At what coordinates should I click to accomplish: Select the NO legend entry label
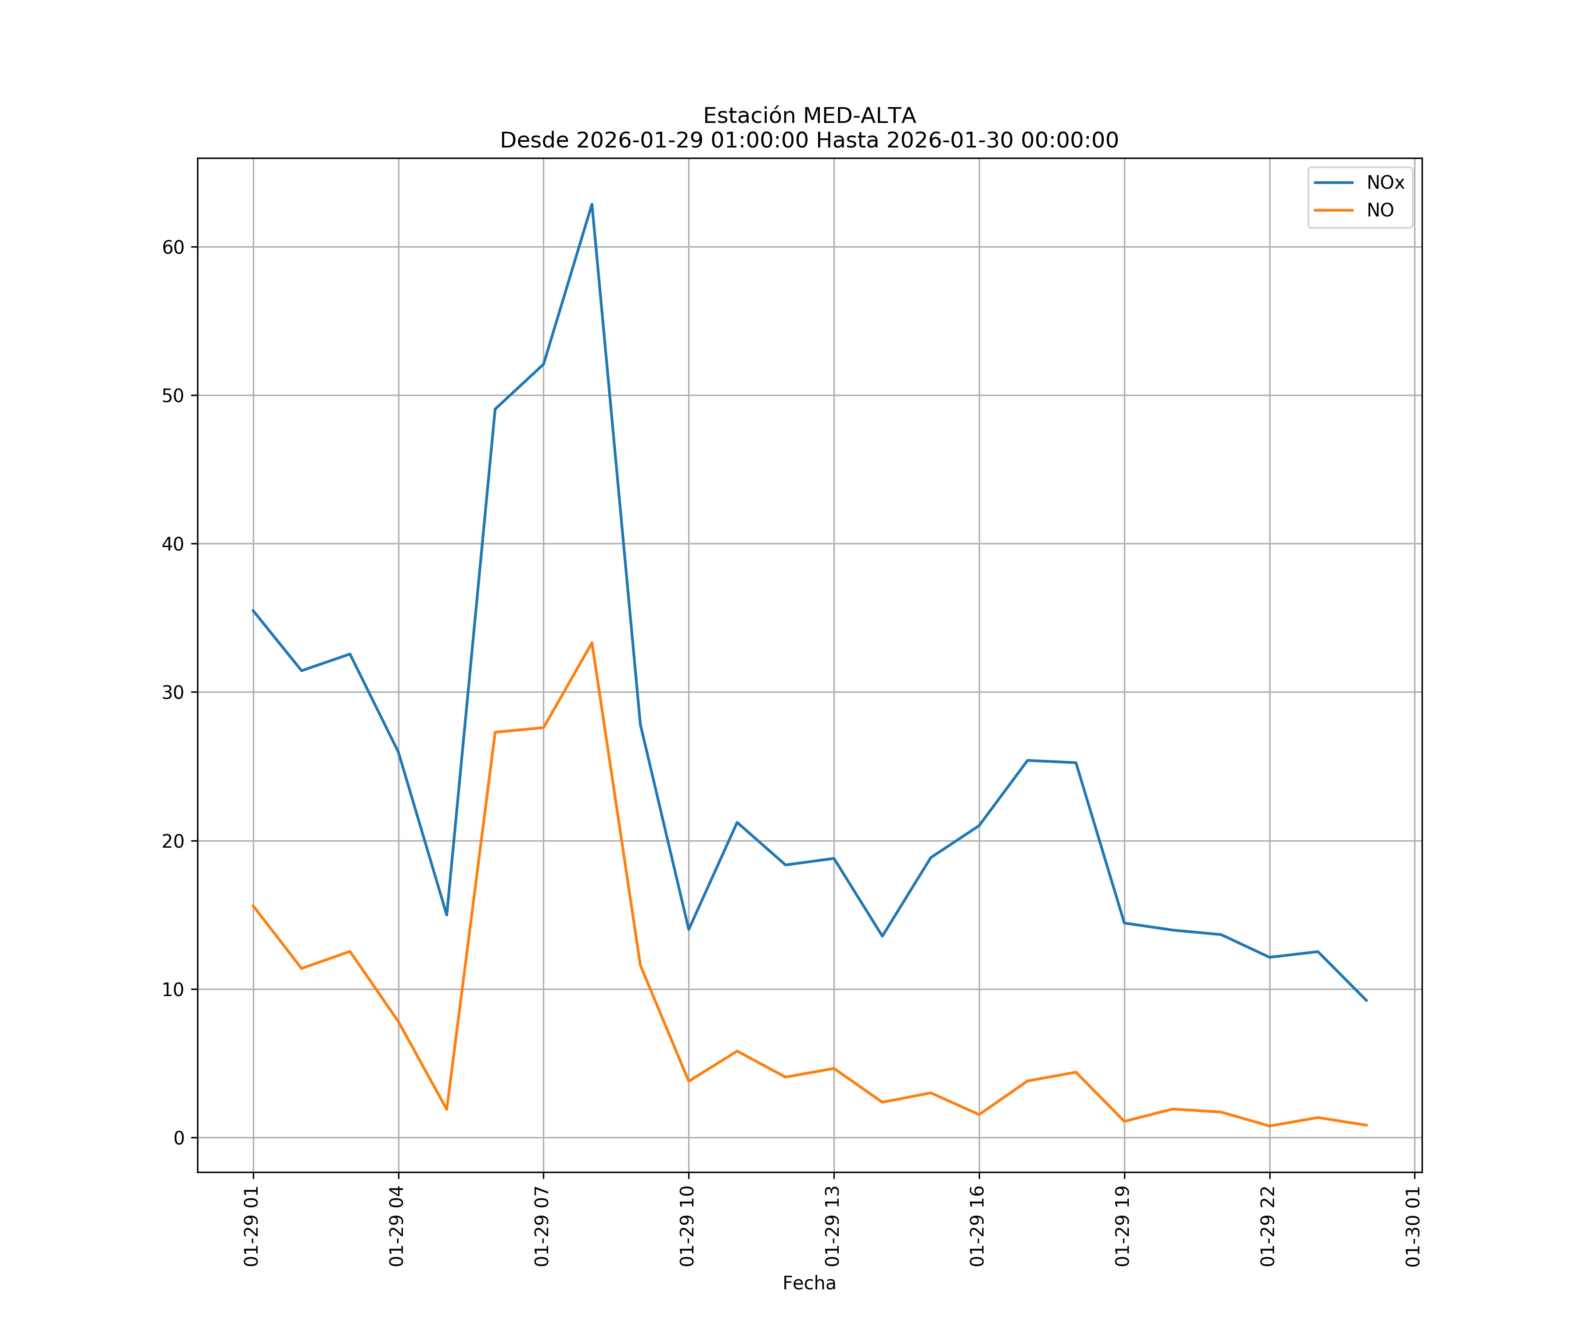pyautogui.click(x=1380, y=211)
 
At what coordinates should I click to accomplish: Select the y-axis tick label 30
pyautogui.click(x=173, y=692)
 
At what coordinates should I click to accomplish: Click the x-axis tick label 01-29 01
pyautogui.click(x=251, y=1226)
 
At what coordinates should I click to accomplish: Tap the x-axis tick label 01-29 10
pyautogui.click(x=687, y=1226)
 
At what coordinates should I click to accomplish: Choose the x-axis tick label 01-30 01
pyautogui.click(x=1413, y=1226)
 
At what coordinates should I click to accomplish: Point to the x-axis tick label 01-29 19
pyautogui.click(x=1123, y=1226)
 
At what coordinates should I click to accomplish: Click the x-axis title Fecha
pyautogui.click(x=809, y=1283)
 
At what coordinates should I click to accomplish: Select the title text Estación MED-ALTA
pyautogui.click(x=809, y=116)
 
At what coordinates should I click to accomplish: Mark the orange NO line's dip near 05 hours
pyautogui.click(x=446, y=1109)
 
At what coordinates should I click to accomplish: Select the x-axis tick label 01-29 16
pyautogui.click(x=977, y=1226)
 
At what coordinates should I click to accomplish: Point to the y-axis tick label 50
pyautogui.click(x=173, y=396)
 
